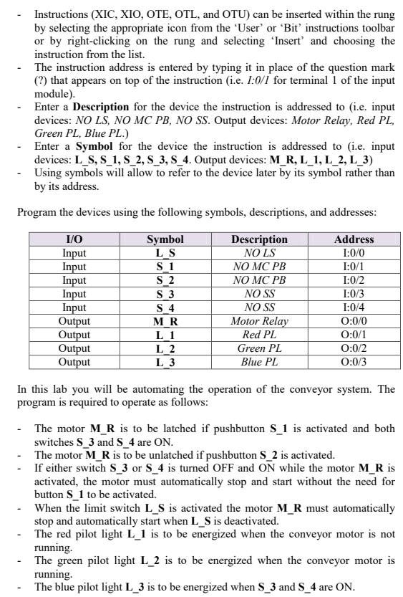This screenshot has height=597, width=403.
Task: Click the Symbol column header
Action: pyautogui.click(x=165, y=239)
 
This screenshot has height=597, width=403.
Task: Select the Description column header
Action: pyautogui.click(x=260, y=239)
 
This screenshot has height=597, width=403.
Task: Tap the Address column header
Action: pyautogui.click(x=354, y=239)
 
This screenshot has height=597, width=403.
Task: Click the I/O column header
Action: pyautogui.click(x=74, y=239)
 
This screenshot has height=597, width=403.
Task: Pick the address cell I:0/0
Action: pyautogui.click(x=354, y=252)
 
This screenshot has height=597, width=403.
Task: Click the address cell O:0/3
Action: pyautogui.click(x=354, y=361)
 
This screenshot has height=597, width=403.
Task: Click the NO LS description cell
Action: pyautogui.click(x=260, y=252)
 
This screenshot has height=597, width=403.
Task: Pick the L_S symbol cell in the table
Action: pyautogui.click(x=165, y=252)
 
